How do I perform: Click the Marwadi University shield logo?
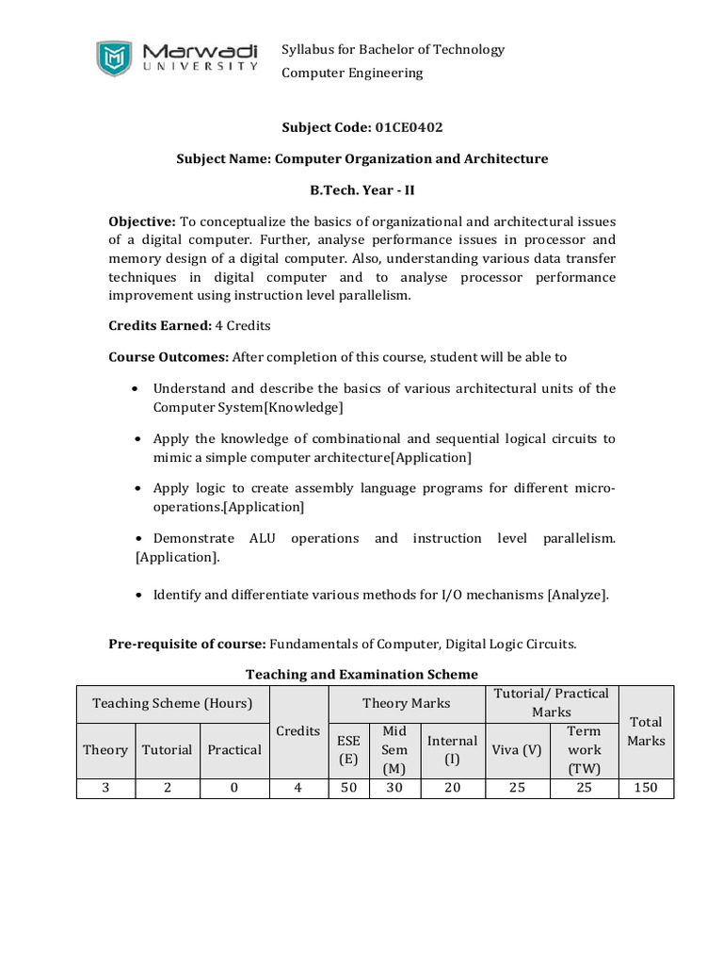[x=115, y=57]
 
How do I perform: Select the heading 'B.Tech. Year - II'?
[x=362, y=189]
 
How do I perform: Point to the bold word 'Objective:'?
[x=142, y=221]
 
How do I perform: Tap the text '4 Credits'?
[x=244, y=325]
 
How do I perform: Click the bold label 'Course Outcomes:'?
[x=169, y=356]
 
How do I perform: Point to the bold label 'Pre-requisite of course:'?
[x=187, y=645]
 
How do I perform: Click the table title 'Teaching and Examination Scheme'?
[x=361, y=674]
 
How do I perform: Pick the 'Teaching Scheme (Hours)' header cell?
[x=172, y=703]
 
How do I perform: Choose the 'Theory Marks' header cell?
[x=406, y=703]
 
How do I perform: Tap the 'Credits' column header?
[x=297, y=731]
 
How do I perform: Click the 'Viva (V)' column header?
[x=516, y=749]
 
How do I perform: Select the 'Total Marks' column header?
[x=646, y=731]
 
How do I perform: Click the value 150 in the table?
[x=646, y=788]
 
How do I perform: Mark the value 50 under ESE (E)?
[x=348, y=788]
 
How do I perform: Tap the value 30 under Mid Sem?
[x=394, y=788]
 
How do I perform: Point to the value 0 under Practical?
[x=233, y=788]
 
